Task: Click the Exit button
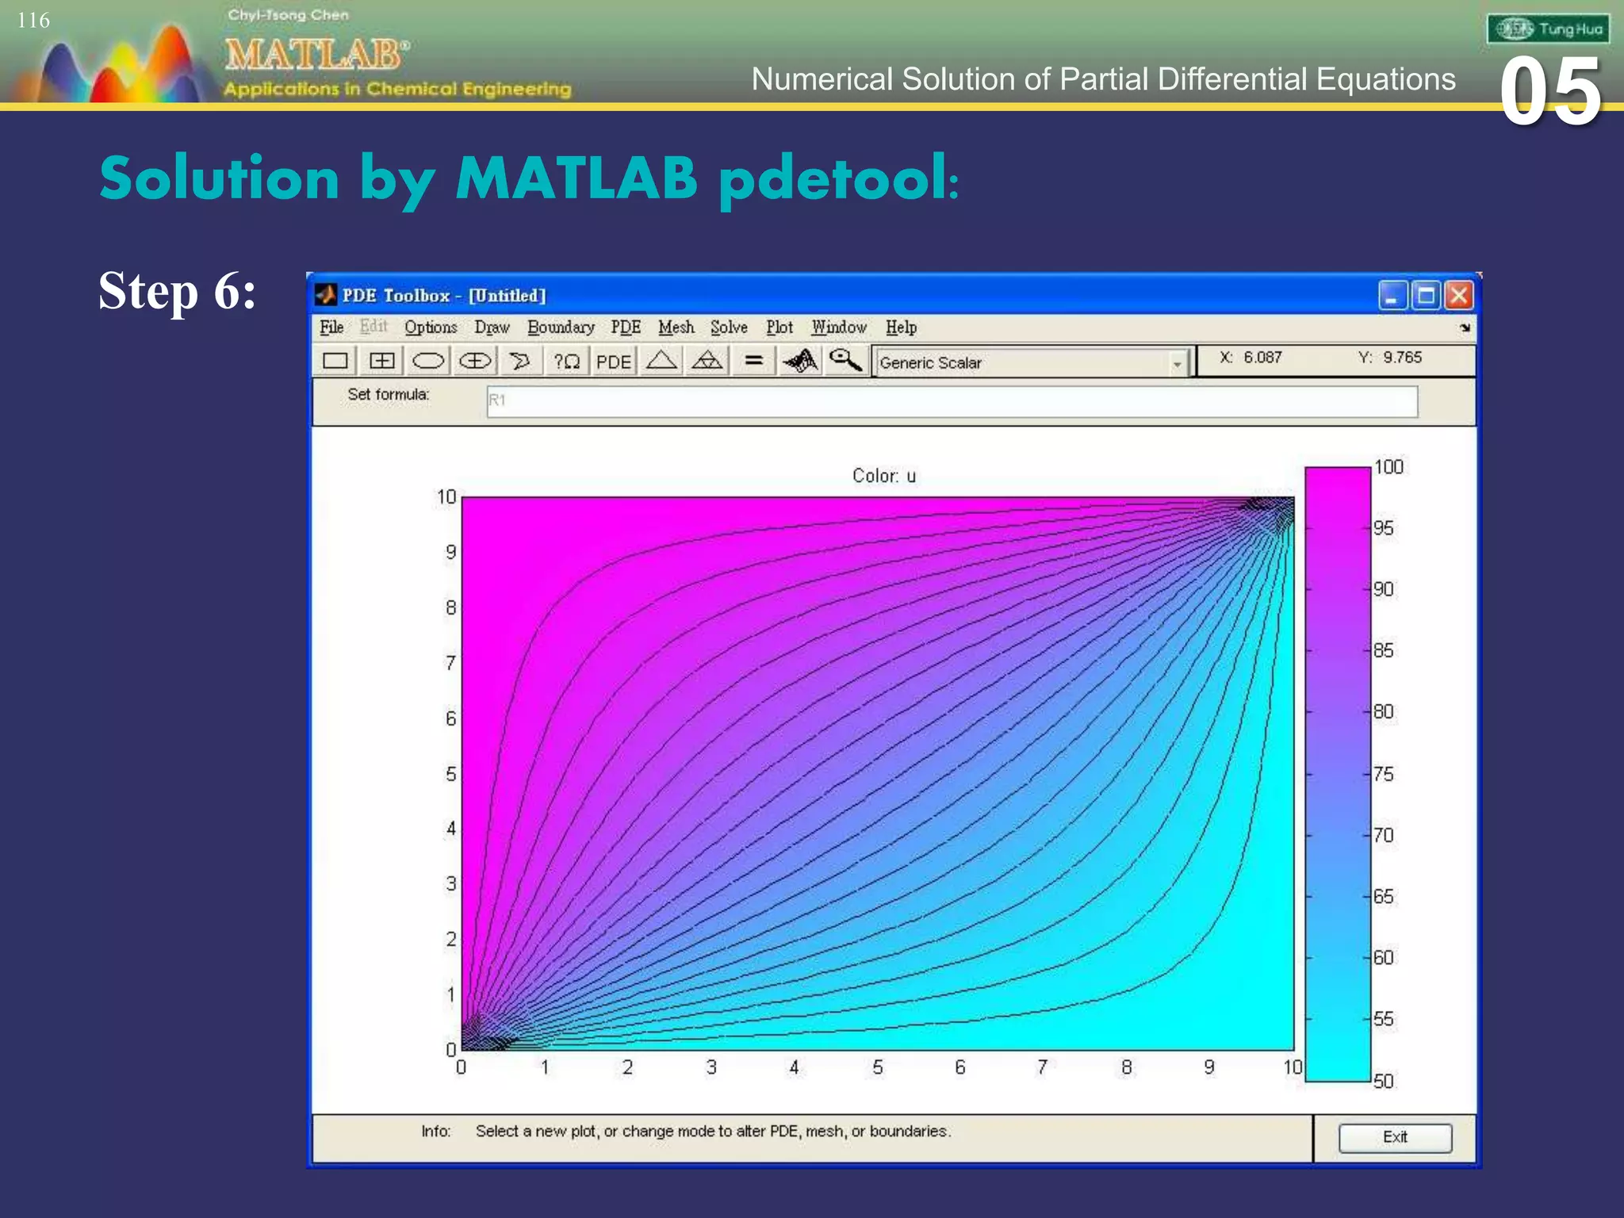click(x=1395, y=1137)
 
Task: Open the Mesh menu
click(x=676, y=327)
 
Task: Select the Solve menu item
click(x=728, y=327)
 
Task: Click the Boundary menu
click(x=561, y=327)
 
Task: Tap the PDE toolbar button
click(x=613, y=362)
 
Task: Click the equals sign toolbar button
click(x=753, y=362)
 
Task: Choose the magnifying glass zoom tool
click(x=845, y=361)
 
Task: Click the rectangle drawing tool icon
click(x=335, y=362)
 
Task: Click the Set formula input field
click(x=952, y=401)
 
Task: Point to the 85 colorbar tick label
click(x=1383, y=651)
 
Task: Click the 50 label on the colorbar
click(x=1383, y=1081)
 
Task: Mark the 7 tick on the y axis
click(x=450, y=663)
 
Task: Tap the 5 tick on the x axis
click(x=877, y=1067)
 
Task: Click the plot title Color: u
click(x=883, y=476)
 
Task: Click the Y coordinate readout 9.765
click(x=1402, y=358)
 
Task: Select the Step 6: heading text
click(x=178, y=292)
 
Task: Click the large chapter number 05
click(x=1549, y=92)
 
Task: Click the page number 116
click(x=33, y=21)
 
